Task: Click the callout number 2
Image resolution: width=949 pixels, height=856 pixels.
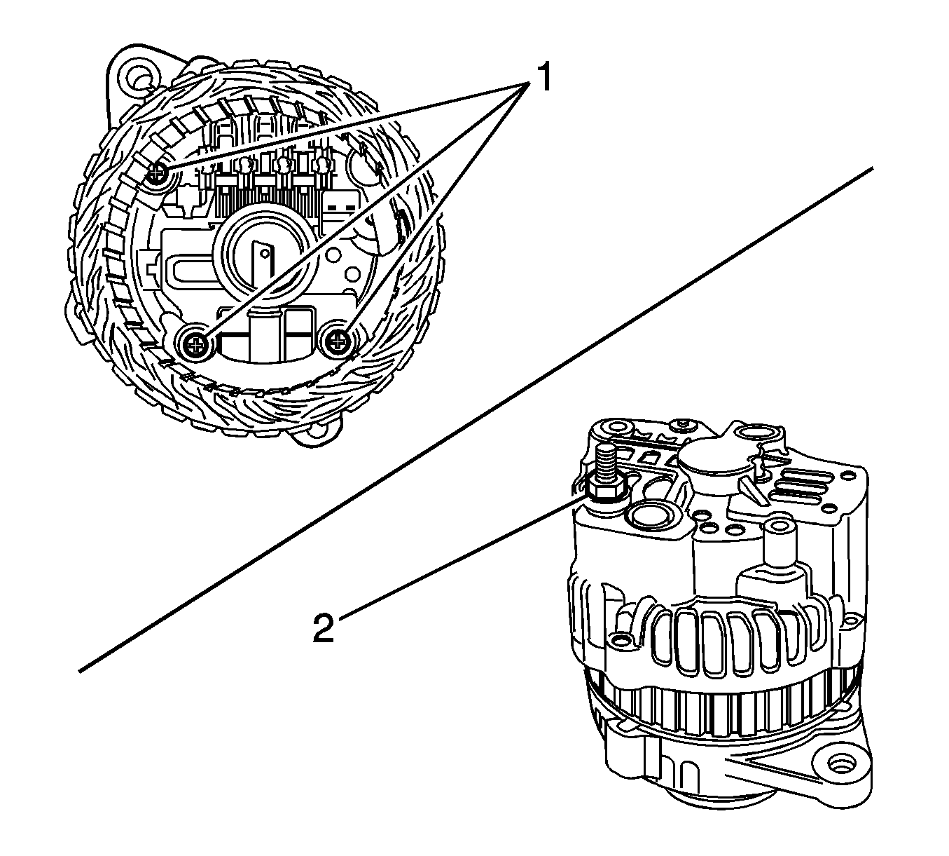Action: (x=323, y=626)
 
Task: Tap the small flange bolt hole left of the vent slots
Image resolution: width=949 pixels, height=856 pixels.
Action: (x=620, y=640)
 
